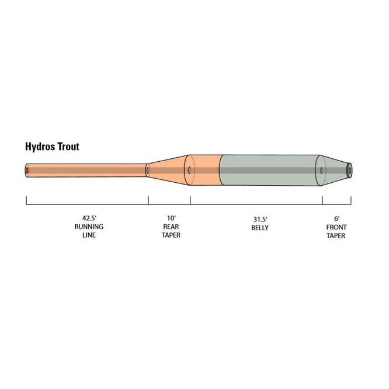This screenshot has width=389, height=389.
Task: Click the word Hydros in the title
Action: click(40, 147)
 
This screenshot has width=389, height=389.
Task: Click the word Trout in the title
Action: click(68, 147)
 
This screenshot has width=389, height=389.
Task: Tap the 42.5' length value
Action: click(89, 218)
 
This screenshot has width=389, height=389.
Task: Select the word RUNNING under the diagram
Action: click(89, 227)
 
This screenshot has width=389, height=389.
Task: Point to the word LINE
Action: click(89, 235)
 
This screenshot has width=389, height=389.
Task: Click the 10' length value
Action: click(171, 218)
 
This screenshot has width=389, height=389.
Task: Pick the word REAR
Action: click(171, 227)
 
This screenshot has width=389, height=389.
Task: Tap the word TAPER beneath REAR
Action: click(171, 235)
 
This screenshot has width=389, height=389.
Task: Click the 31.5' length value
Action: click(260, 219)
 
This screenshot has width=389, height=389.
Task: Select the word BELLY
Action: click(260, 228)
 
